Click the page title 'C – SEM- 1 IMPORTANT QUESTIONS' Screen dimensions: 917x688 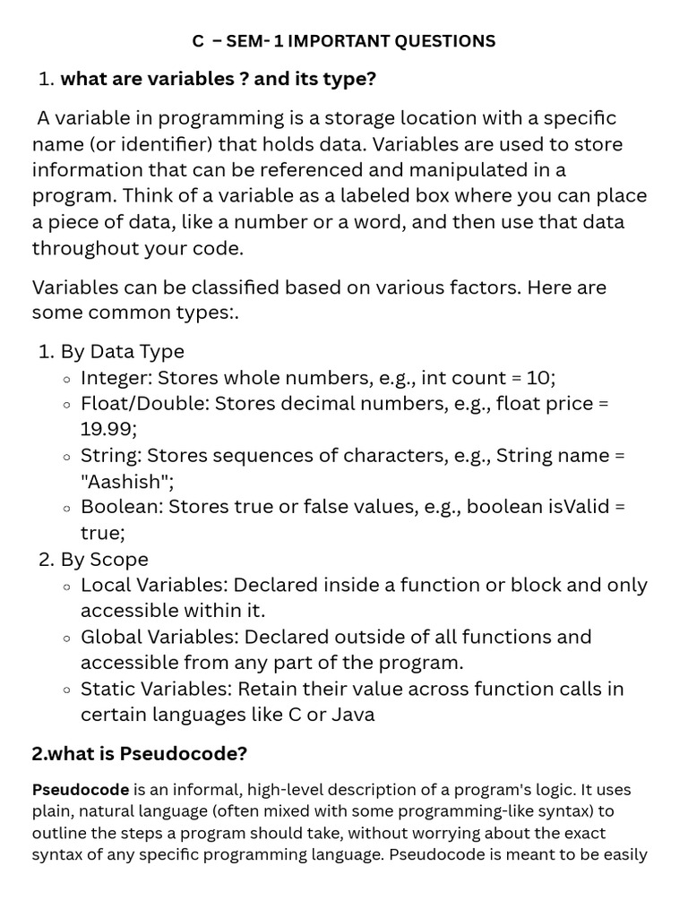click(x=344, y=41)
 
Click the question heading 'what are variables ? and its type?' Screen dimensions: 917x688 click(x=218, y=79)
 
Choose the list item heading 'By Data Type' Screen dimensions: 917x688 click(x=122, y=352)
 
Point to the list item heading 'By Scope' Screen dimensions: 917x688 click(x=104, y=560)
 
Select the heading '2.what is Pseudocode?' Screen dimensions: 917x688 click(x=139, y=754)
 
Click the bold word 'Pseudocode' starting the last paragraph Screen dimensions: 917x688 click(x=81, y=790)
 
